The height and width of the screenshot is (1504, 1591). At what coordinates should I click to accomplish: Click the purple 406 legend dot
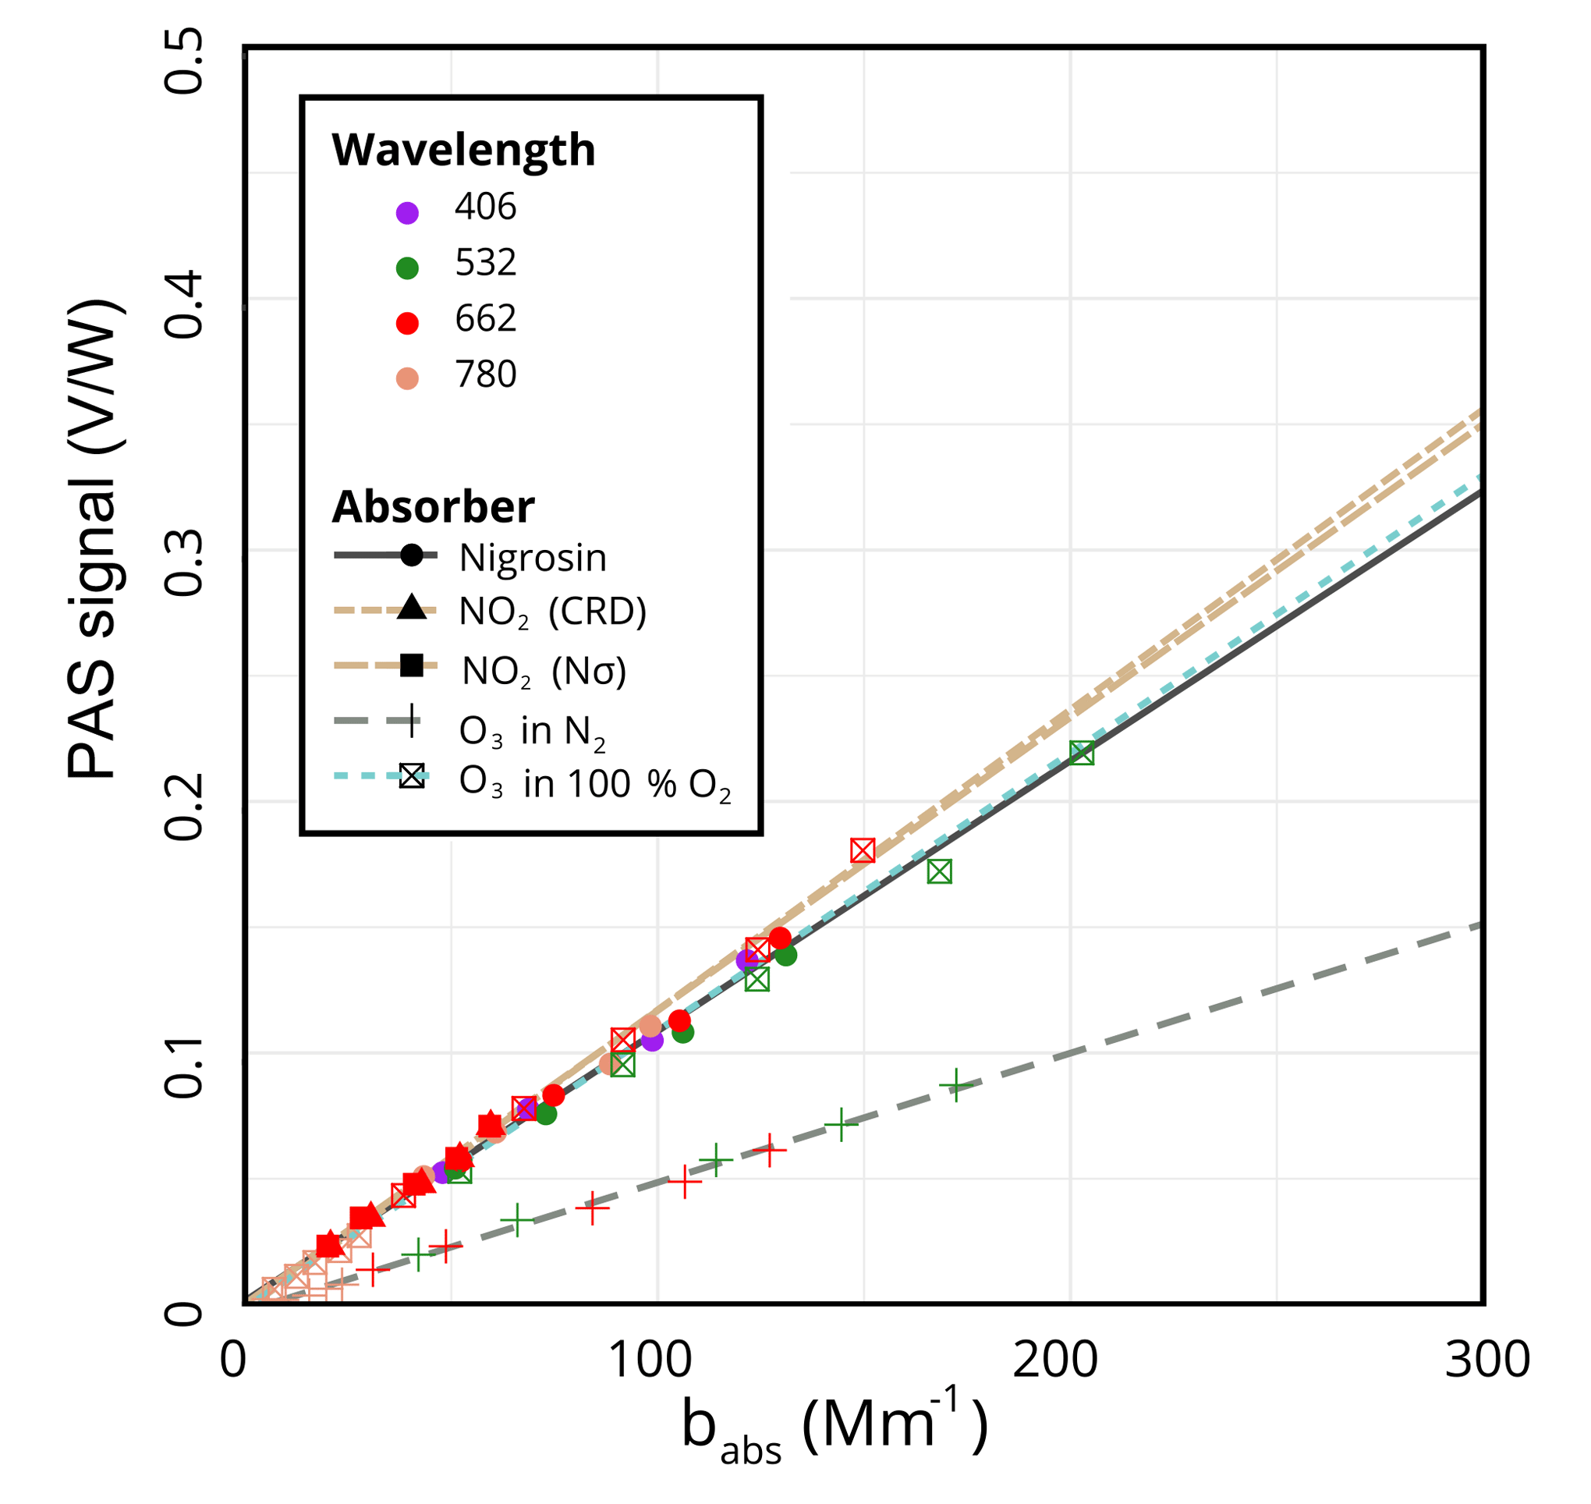(407, 213)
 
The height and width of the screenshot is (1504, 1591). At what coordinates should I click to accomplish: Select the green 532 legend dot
(407, 268)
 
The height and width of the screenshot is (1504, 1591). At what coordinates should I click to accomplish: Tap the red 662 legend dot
(407, 323)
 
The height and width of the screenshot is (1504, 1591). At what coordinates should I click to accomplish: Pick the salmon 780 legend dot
(407, 378)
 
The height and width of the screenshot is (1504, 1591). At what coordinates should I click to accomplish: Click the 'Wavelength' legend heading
(463, 150)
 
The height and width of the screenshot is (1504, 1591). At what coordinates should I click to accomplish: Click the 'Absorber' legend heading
(433, 507)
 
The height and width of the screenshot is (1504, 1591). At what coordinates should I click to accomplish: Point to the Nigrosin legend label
(532, 558)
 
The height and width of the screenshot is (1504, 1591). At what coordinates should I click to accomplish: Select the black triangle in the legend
(411, 607)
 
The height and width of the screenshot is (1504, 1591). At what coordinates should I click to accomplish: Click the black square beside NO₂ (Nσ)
(411, 665)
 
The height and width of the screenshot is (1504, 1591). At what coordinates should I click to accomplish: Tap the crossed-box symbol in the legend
(412, 776)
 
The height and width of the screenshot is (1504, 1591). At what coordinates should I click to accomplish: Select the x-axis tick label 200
(1054, 1360)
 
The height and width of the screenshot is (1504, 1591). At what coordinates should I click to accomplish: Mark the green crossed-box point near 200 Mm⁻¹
(1081, 753)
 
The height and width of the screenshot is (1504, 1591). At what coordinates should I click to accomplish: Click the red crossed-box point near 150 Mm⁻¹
(863, 850)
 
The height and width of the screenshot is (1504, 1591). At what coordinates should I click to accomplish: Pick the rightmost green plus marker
(955, 1086)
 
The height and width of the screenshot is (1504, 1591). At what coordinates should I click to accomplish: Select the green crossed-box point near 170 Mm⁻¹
(939, 871)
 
